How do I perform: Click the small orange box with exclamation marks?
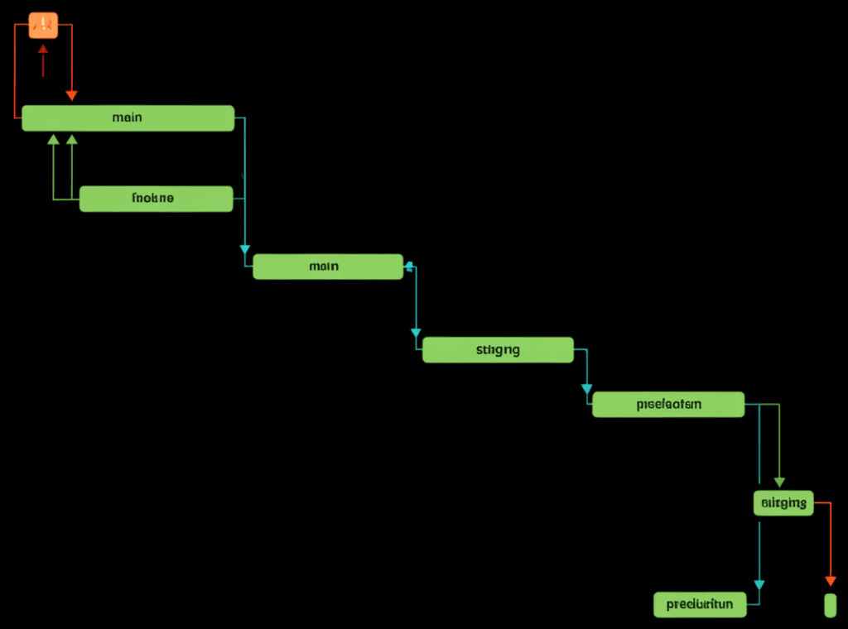tap(43, 25)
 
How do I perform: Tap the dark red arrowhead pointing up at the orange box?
tap(43, 50)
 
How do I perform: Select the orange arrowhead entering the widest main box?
tap(71, 96)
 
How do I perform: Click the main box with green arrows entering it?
tap(128, 118)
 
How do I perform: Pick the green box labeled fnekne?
tap(156, 199)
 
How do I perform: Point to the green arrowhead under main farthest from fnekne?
tap(54, 139)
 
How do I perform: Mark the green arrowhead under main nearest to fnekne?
tap(71, 139)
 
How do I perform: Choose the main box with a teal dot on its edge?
tap(328, 266)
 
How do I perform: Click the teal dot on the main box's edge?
tap(408, 266)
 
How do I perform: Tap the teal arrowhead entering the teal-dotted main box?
tap(244, 249)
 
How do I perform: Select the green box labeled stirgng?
tap(498, 350)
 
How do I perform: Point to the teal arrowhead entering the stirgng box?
tap(416, 333)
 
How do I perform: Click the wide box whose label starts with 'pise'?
tap(668, 405)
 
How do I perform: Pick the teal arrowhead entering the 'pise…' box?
tap(586, 388)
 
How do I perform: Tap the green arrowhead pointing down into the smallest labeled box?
tap(778, 483)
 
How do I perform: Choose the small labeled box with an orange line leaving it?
tap(783, 502)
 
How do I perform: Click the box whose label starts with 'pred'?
tap(700, 604)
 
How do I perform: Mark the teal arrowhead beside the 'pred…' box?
tap(759, 585)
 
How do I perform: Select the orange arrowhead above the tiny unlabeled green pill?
tap(830, 582)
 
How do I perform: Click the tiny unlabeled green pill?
tap(830, 605)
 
